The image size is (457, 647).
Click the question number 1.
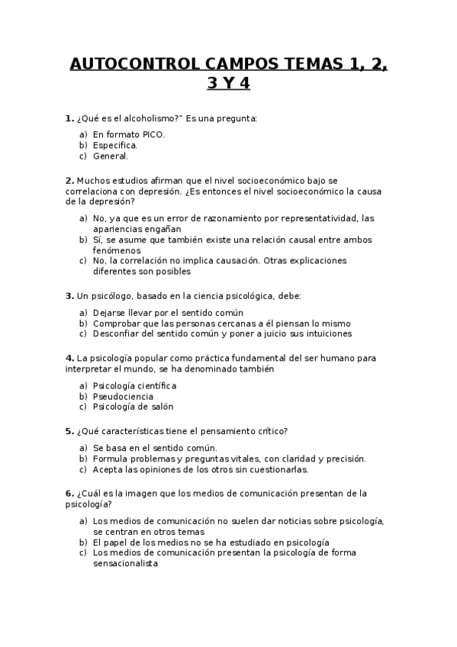[69, 118]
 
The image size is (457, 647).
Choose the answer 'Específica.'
[115, 145]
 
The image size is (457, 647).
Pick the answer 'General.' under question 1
[111, 156]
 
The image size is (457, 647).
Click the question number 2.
[69, 181]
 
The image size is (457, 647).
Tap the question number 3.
[69, 295]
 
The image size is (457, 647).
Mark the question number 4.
[69, 358]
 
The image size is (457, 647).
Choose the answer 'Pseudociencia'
[123, 397]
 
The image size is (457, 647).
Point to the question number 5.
[69, 431]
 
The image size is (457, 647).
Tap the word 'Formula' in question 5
[111, 459]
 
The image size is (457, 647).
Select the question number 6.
[69, 494]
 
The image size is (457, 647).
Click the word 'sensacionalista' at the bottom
[125, 564]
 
